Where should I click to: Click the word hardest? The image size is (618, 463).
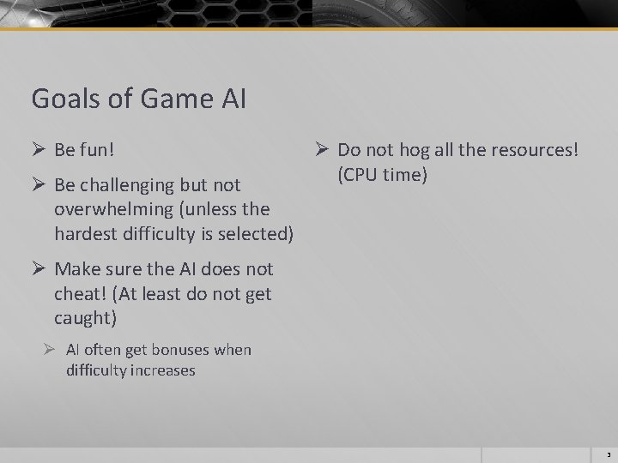click(85, 233)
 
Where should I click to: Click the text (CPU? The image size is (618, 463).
click(358, 174)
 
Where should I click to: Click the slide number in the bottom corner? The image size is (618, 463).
click(607, 456)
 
